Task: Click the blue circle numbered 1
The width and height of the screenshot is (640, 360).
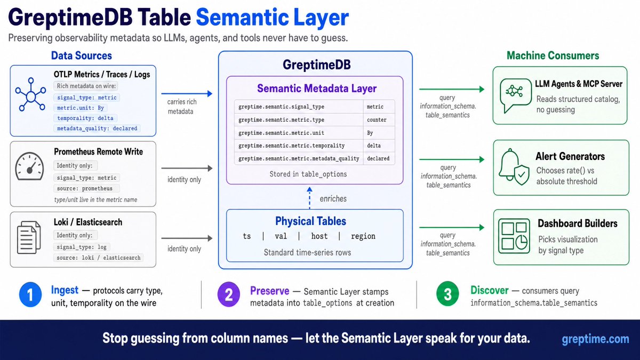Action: (x=30, y=294)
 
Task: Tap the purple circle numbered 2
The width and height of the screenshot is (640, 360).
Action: (x=229, y=294)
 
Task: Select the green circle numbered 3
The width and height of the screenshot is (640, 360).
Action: (x=447, y=294)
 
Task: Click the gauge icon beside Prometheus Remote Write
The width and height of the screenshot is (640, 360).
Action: (x=29, y=166)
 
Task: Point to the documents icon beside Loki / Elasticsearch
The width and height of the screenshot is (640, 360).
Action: (x=29, y=237)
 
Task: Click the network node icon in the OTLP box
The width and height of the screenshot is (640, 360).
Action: (x=30, y=94)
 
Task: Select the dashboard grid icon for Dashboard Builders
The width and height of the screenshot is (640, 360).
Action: (x=514, y=236)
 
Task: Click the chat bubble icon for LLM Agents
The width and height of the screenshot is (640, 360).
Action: (x=516, y=95)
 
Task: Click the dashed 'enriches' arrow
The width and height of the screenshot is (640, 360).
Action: (x=309, y=198)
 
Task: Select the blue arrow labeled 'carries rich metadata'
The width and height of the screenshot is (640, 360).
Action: (x=187, y=93)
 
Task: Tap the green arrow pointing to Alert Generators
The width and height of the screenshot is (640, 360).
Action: (x=452, y=159)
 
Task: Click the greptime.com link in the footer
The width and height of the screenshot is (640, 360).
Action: (x=595, y=339)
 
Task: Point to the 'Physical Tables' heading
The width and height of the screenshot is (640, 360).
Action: (x=310, y=221)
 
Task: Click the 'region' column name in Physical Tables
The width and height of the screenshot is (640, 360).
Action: (x=363, y=236)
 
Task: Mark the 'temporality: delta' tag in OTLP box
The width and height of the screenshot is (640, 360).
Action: (x=85, y=118)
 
